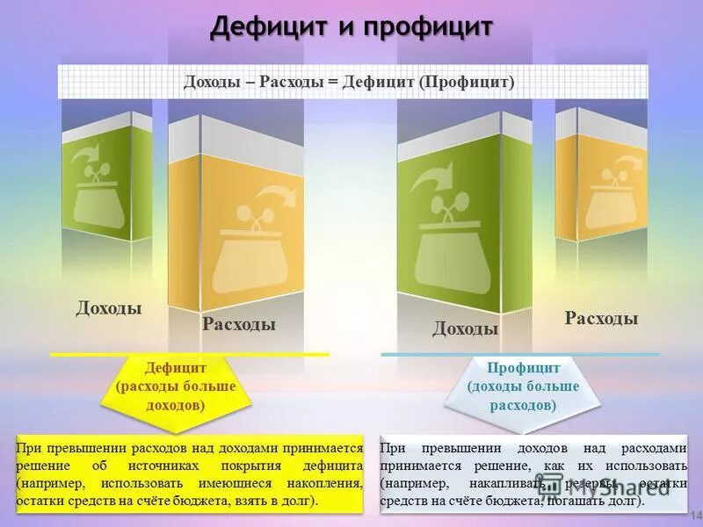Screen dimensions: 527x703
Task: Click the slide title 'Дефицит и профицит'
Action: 351,27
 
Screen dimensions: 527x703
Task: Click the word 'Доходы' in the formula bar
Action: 212,82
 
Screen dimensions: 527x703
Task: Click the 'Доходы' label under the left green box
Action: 109,307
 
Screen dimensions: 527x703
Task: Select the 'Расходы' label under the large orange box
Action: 239,324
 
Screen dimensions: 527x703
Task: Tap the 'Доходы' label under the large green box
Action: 465,328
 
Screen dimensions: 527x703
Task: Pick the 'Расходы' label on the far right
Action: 601,318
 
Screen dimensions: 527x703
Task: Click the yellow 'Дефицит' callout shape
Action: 177,386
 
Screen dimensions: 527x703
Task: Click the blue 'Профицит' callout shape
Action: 523,386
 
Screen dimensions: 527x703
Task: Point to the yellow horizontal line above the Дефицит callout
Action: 189,354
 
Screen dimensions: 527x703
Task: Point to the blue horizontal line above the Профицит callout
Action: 518,355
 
